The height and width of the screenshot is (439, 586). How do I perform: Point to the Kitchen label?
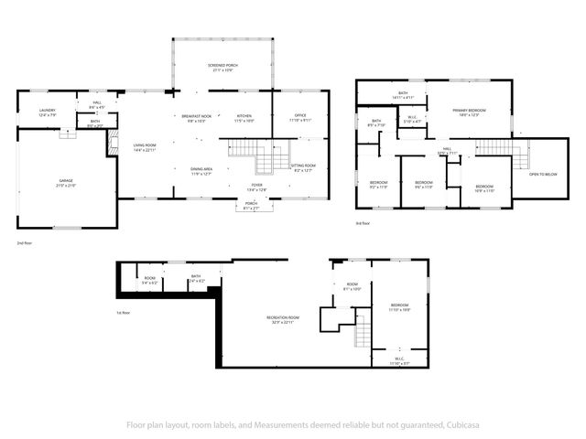[244, 115]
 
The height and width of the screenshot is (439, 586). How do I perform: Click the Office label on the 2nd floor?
[299, 115]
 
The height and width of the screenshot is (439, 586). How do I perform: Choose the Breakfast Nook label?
[197, 115]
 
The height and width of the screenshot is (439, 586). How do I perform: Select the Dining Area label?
[201, 169]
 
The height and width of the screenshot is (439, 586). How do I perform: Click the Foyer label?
[257, 185]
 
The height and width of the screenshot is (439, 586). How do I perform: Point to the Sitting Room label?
[302, 166]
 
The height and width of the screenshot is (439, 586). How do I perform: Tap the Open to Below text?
[543, 174]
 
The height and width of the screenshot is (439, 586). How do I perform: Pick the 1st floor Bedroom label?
[400, 305]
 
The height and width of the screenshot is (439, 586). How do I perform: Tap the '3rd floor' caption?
[364, 222]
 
